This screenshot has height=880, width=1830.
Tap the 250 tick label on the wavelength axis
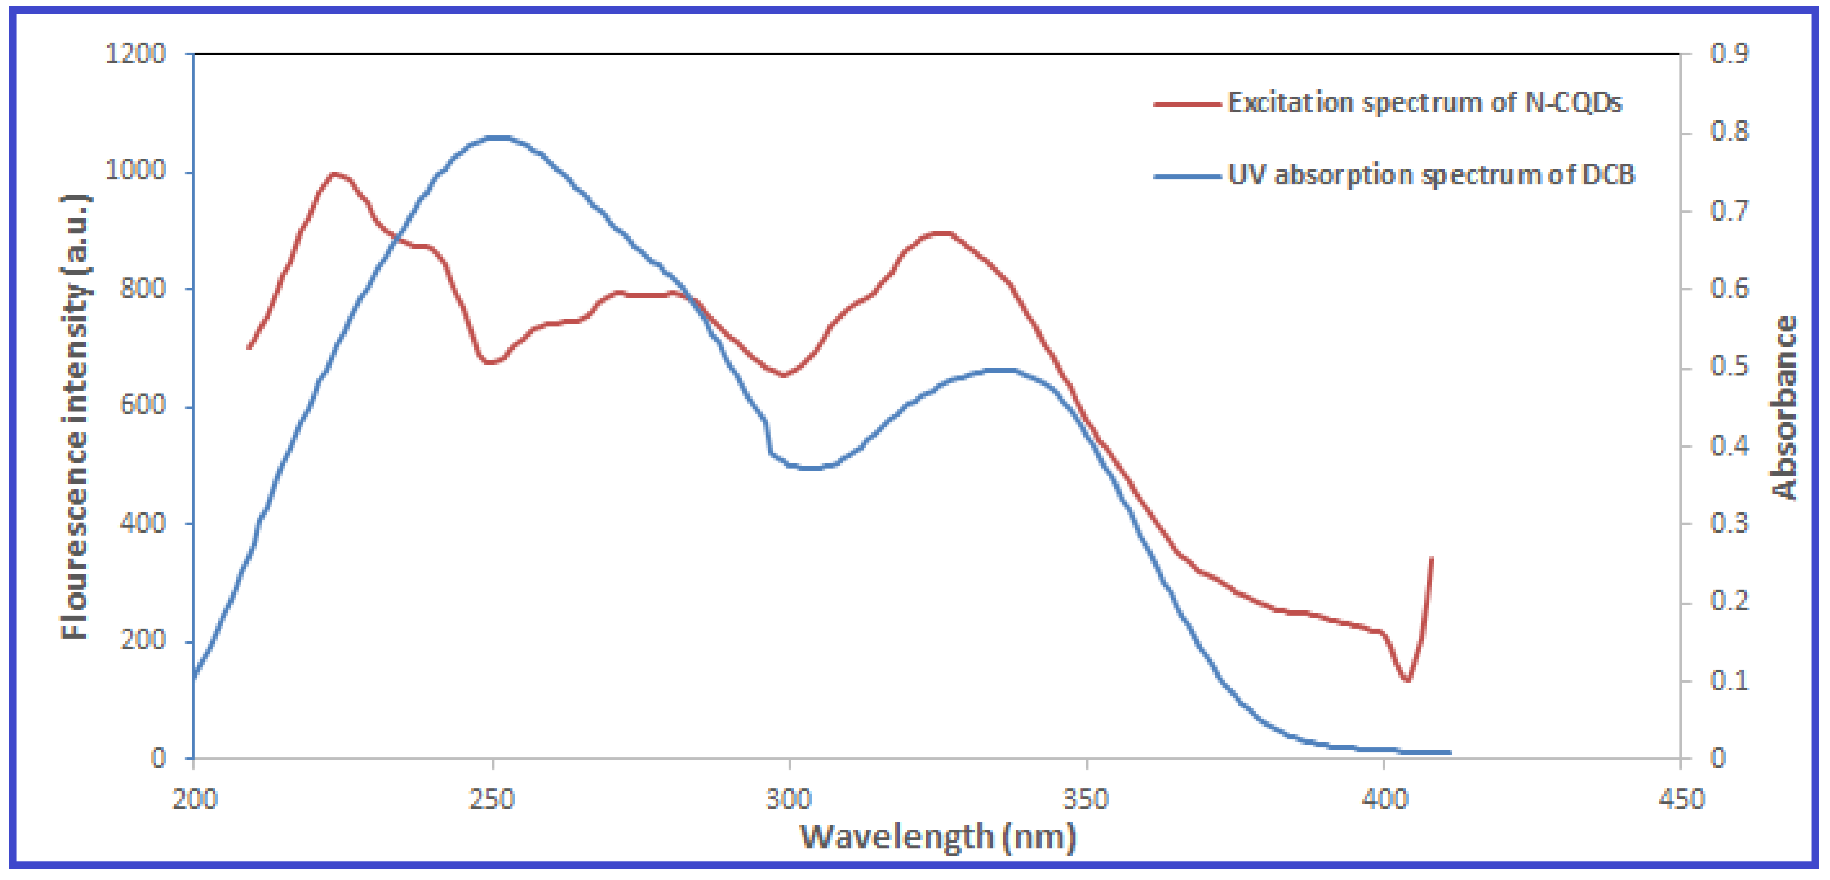coord(492,800)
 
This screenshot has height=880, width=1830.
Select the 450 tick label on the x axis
coord(1681,800)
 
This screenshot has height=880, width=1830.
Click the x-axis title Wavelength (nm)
coord(937,837)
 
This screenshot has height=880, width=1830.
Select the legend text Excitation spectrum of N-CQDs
coord(1424,103)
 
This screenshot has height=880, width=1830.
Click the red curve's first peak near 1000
coord(334,173)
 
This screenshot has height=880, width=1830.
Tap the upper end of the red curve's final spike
coord(1431,559)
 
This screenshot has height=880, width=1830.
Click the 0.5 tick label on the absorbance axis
coord(1729,367)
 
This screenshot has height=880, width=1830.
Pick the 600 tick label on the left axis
coord(142,405)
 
